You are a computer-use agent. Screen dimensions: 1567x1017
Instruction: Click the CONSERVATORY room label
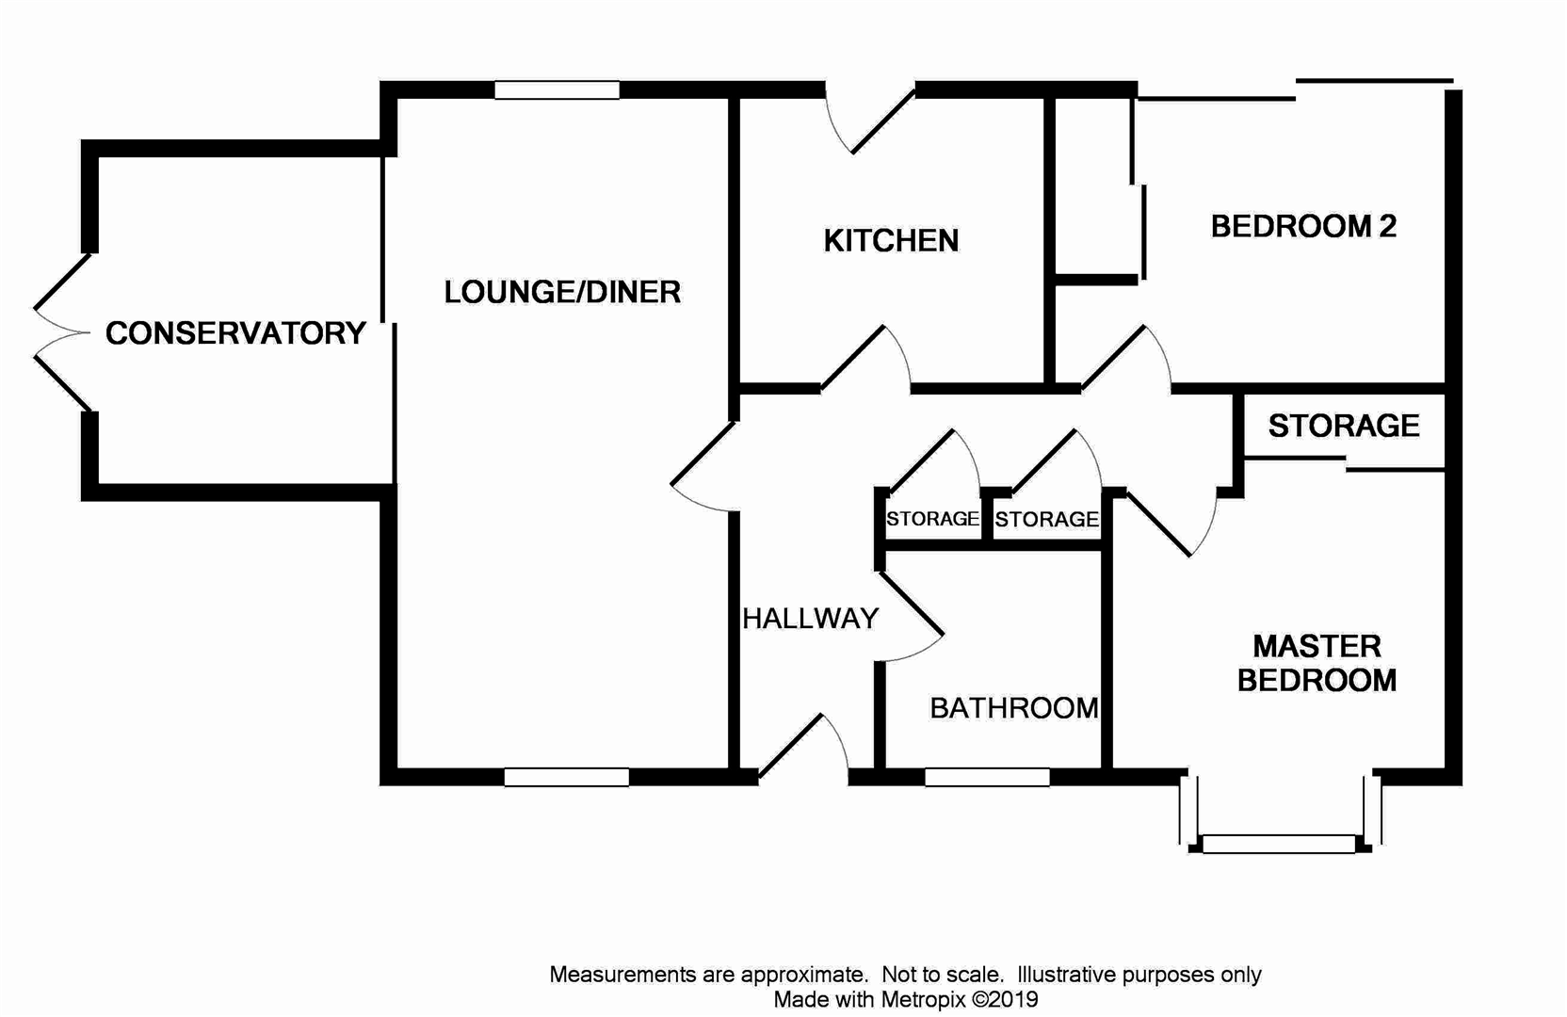235,333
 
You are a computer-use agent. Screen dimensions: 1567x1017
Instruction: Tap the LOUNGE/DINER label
562,292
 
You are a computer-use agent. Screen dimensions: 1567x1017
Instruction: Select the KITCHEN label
891,241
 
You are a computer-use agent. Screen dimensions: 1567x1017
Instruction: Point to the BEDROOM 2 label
1302,226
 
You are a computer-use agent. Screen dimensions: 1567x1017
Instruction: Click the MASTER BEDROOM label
1317,663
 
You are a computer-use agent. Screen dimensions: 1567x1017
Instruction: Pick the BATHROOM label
1013,708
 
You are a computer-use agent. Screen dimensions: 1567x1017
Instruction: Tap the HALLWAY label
810,619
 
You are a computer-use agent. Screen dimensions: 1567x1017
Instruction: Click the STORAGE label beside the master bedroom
1343,426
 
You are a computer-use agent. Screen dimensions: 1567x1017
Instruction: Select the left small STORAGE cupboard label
932,519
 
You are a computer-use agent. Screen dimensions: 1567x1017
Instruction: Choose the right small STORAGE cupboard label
1046,519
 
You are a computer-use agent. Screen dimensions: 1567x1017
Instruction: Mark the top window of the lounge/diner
557,90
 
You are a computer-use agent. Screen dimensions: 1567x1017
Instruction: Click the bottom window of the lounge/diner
566,777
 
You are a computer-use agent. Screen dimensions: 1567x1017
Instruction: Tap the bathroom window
987,777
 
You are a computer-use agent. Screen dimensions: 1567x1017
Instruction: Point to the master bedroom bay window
1279,844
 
